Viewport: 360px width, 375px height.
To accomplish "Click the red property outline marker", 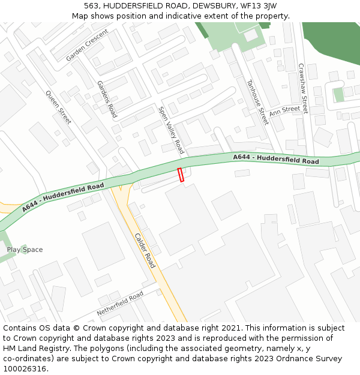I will point(181,175).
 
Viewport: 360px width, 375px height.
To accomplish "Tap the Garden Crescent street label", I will point(87,45).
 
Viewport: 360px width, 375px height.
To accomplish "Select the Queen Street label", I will point(59,107).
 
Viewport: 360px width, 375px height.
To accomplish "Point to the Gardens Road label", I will point(107,99).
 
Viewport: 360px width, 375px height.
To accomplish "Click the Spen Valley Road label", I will point(171,130).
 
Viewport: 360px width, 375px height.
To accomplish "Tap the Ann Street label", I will point(284,111).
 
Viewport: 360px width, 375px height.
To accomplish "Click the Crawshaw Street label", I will point(303,89).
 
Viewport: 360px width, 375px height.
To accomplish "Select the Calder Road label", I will point(145,250).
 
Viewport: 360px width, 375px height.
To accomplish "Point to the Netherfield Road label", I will point(121,304).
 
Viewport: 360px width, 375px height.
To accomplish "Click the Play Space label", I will point(25,250).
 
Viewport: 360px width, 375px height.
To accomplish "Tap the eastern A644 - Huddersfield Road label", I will point(276,159).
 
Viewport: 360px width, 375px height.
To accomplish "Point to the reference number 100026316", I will point(25,369).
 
